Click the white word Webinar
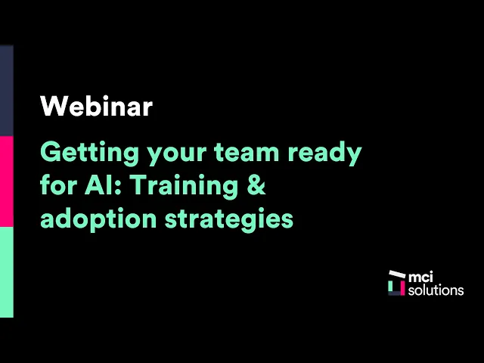tap(96, 106)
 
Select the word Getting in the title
tap(90, 154)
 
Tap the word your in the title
tap(177, 155)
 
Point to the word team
tap(247, 153)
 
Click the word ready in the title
tap(324, 154)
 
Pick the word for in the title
tap(58, 185)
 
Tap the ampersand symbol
tap(256, 185)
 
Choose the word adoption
tap(98, 219)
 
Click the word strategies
tap(229, 219)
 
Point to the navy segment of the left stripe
tap(7, 91)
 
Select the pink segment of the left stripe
tap(7, 181)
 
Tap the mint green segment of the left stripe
tap(7, 272)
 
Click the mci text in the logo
tap(420, 277)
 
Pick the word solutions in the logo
tap(436, 290)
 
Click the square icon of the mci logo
tap(396, 283)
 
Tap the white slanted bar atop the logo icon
tap(397, 274)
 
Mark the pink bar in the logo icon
tap(402, 287)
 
